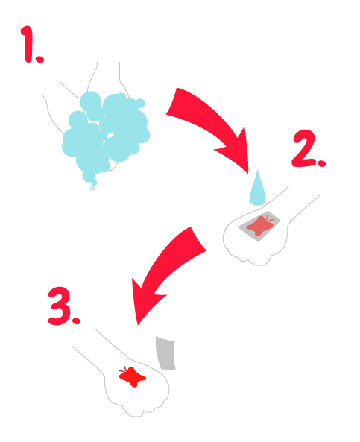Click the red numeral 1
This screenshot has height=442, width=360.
click(x=28, y=44)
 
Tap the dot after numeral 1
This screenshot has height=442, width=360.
click(x=40, y=59)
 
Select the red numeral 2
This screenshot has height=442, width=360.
click(x=303, y=148)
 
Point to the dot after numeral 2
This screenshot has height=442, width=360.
click(x=321, y=163)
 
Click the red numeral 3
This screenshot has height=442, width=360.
click(x=60, y=306)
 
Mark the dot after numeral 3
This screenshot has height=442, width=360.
click(x=76, y=321)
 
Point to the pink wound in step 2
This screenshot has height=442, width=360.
click(x=260, y=226)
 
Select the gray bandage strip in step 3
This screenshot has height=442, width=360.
click(x=166, y=353)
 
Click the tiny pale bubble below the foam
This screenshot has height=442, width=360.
click(x=92, y=188)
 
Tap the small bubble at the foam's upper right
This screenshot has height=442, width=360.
click(x=140, y=104)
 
